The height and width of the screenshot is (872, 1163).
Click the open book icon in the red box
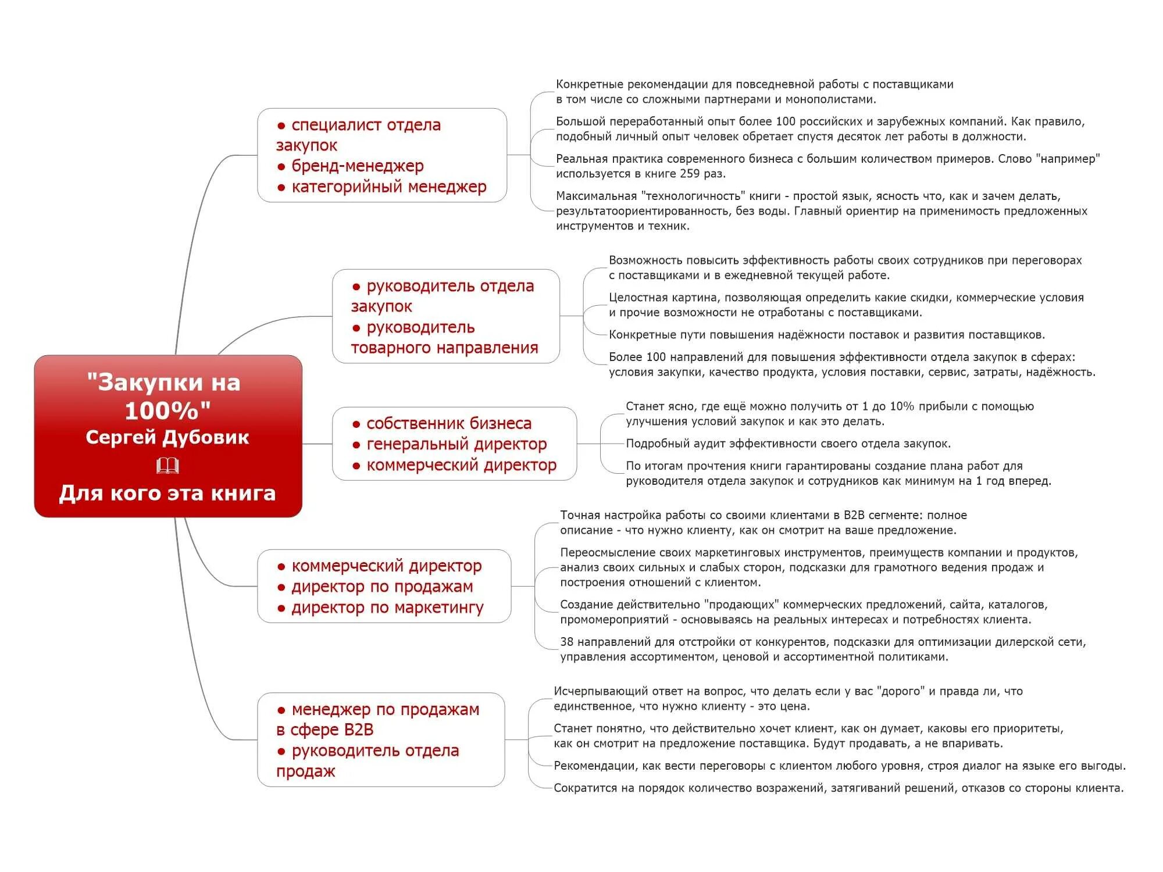(x=167, y=466)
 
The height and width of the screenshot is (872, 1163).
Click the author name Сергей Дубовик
(x=167, y=437)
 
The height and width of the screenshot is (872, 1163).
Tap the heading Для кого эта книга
(x=167, y=493)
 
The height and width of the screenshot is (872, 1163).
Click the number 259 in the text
(x=693, y=173)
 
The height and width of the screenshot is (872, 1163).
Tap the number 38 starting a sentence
(x=566, y=642)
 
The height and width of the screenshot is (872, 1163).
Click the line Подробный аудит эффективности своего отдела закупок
(x=788, y=444)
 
